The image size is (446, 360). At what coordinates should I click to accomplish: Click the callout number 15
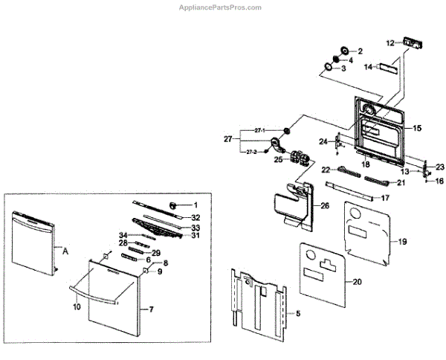[x=417, y=129]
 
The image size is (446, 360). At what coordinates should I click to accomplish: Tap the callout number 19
[x=402, y=242]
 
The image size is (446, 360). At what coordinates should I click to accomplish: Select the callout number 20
[x=357, y=282]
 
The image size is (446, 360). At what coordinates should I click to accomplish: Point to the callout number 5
[x=298, y=314]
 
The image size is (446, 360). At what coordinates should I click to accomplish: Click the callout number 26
[x=325, y=206]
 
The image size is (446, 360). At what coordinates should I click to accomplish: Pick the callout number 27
[x=228, y=139]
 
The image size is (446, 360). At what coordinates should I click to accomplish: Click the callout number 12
[x=391, y=43]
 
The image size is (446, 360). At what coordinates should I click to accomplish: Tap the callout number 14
[x=368, y=67]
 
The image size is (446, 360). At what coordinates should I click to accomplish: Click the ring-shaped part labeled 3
[x=327, y=68]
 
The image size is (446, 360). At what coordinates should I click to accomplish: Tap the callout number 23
[x=439, y=167]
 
